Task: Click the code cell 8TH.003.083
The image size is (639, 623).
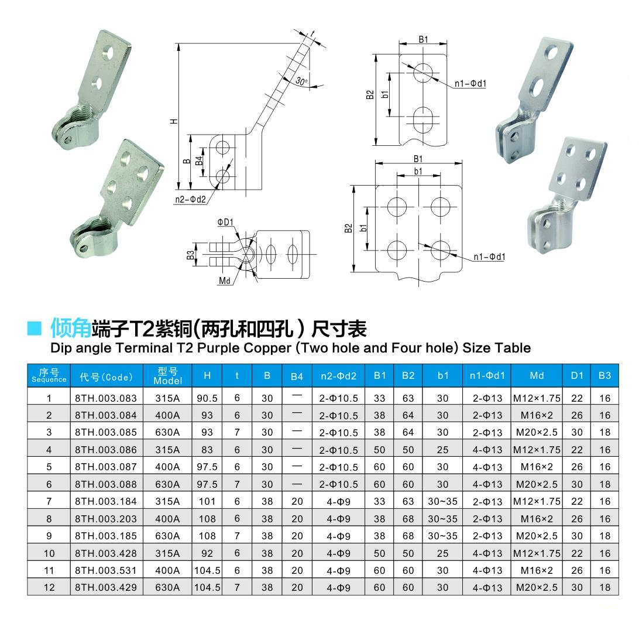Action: (105, 398)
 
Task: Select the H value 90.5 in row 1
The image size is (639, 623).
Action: (207, 398)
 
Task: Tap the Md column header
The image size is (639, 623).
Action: (537, 375)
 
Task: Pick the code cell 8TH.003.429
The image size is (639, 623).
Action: (105, 587)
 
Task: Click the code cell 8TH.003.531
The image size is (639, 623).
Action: (105, 570)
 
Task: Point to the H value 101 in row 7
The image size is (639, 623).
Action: (207, 501)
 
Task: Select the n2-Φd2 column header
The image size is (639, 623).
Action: (338, 376)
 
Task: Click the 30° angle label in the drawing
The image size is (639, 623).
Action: (301, 81)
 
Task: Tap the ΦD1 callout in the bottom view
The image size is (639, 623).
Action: (225, 222)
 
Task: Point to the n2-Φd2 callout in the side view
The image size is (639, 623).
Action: (190, 200)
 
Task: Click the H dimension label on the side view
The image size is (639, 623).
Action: (174, 121)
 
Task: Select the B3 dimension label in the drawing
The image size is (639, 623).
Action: (191, 255)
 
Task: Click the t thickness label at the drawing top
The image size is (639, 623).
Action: (312, 33)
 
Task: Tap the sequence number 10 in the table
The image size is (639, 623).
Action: (49, 553)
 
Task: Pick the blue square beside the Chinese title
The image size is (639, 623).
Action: (34, 328)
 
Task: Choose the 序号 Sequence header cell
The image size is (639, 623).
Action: (49, 375)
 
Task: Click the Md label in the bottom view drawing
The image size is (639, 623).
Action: (225, 280)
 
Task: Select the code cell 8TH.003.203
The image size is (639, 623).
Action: (105, 519)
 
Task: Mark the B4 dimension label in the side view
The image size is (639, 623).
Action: (199, 160)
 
